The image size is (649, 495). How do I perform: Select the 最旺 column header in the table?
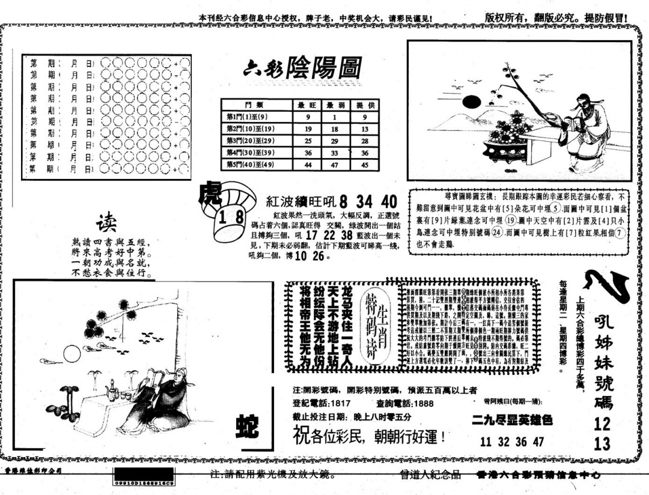point(308,105)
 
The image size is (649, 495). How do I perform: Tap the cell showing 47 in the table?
point(338,164)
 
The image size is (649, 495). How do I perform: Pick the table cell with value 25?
point(308,141)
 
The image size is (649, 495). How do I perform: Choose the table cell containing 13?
point(365,129)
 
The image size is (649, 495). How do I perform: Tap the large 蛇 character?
point(246,428)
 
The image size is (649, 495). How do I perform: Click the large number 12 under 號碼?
point(602,424)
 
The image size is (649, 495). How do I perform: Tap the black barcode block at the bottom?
point(144,475)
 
